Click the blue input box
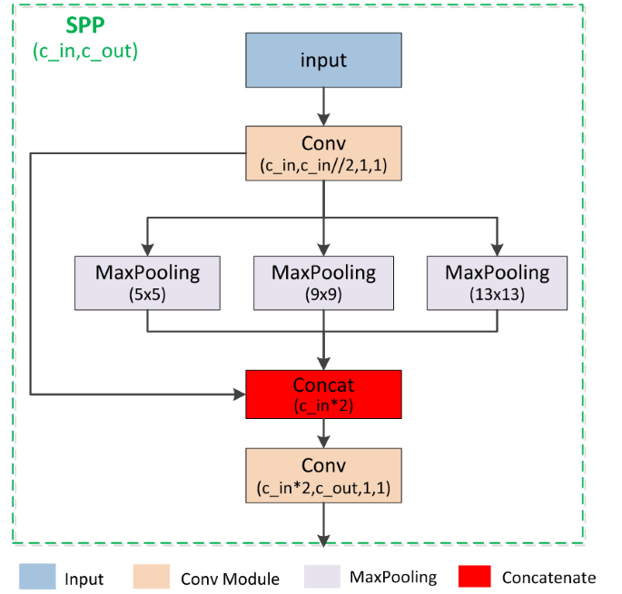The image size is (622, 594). (x=323, y=61)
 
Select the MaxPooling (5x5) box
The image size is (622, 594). (x=147, y=281)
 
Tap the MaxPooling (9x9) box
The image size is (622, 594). (x=323, y=281)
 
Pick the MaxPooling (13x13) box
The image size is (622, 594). (x=497, y=281)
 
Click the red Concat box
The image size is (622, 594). (x=323, y=394)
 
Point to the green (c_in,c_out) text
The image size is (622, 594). (x=85, y=51)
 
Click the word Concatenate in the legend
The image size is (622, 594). (x=548, y=578)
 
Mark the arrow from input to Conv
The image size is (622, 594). (x=323, y=108)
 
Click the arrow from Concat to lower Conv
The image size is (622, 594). (x=323, y=433)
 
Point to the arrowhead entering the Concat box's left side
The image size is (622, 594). (x=240, y=394)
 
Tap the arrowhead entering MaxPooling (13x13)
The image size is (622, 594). (x=497, y=249)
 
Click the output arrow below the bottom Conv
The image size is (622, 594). (x=323, y=526)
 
